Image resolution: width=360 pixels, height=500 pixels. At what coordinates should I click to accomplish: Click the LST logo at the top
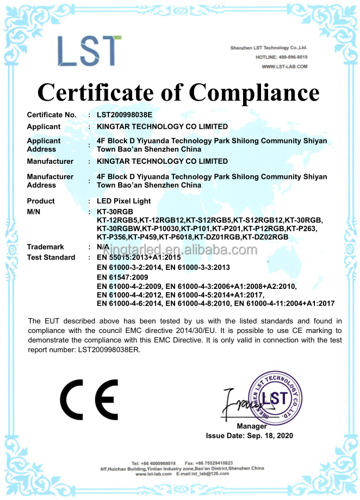pos(89,52)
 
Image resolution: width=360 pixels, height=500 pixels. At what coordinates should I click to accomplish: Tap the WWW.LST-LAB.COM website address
pos(284,66)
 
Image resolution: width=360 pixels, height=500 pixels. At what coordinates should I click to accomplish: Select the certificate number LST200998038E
pos(125,115)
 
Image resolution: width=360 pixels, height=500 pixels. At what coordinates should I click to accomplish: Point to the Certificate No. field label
pos(52,115)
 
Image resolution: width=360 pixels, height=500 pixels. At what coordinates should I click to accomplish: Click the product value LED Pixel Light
pos(123,201)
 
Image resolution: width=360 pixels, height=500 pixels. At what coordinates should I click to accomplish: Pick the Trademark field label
pos(46,246)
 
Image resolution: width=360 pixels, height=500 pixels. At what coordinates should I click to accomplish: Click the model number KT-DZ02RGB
pos(265,237)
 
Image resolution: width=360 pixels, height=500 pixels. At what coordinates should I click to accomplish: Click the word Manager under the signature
pos(252,426)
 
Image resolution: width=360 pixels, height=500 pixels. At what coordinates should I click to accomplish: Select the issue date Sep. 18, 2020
pos(270,435)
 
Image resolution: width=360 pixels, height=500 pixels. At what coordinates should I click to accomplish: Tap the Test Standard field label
pos(51,257)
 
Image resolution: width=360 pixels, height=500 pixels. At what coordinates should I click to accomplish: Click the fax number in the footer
pos(216,462)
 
